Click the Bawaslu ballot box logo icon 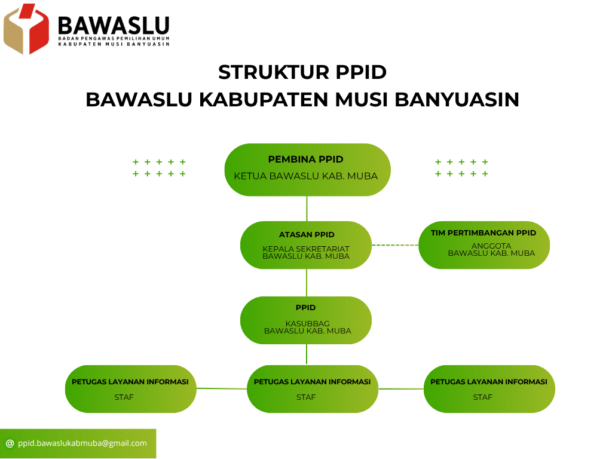click(x=26, y=29)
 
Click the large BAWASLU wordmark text click(x=114, y=26)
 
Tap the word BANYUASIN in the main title click(x=457, y=100)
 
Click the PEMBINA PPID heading click(x=305, y=159)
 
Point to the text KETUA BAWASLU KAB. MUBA click(x=305, y=176)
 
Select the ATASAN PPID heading click(x=307, y=234)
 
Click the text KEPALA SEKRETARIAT click(x=306, y=249)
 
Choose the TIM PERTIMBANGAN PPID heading click(x=483, y=232)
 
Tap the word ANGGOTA click(x=491, y=246)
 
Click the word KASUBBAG click(x=308, y=323)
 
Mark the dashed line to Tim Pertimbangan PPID click(x=395, y=245)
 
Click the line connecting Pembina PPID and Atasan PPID click(x=307, y=209)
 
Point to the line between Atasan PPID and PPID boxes click(x=307, y=283)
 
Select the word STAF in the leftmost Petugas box click(x=124, y=397)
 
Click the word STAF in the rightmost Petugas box click(x=483, y=397)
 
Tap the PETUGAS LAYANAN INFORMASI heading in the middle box click(x=312, y=382)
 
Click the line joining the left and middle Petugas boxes click(x=222, y=388)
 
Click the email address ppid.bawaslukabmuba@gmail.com click(x=82, y=443)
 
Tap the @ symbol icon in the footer click(x=10, y=443)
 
